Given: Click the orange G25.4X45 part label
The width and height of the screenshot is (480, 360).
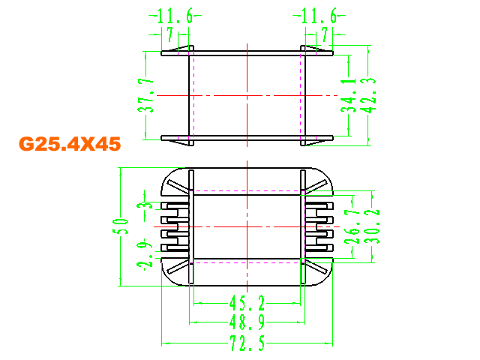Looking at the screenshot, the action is [70, 143].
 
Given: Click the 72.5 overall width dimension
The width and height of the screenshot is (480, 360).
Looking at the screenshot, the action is [247, 343].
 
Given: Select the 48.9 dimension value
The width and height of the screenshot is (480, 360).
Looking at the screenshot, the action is [247, 322].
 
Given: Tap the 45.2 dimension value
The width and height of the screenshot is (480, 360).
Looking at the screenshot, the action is [247, 303].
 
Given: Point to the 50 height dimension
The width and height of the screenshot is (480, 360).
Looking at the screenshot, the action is [120, 226].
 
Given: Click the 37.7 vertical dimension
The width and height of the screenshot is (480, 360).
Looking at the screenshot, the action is [146, 95].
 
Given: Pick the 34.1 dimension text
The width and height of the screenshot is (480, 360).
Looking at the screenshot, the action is [349, 95].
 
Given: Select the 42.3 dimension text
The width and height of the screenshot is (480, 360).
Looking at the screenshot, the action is [368, 95].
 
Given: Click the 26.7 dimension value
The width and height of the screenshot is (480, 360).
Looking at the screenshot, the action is [352, 226].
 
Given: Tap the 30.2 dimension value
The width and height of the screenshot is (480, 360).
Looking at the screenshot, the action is [372, 226].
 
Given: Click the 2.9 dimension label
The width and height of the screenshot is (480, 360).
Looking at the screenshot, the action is [145, 255].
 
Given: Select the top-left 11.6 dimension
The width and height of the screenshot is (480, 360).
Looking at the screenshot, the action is [175, 16].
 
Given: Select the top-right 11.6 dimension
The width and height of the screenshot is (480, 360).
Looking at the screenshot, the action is [319, 16].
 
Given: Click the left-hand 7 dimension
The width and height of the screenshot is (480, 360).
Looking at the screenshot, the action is [170, 34].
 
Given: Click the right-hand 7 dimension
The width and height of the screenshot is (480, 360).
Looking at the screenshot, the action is [325, 34].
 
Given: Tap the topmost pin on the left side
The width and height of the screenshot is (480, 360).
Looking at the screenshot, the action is [175, 205].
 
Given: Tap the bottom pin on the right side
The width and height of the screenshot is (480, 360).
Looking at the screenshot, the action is [319, 247].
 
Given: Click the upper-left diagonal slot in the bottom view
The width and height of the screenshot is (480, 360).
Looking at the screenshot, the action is [178, 186].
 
